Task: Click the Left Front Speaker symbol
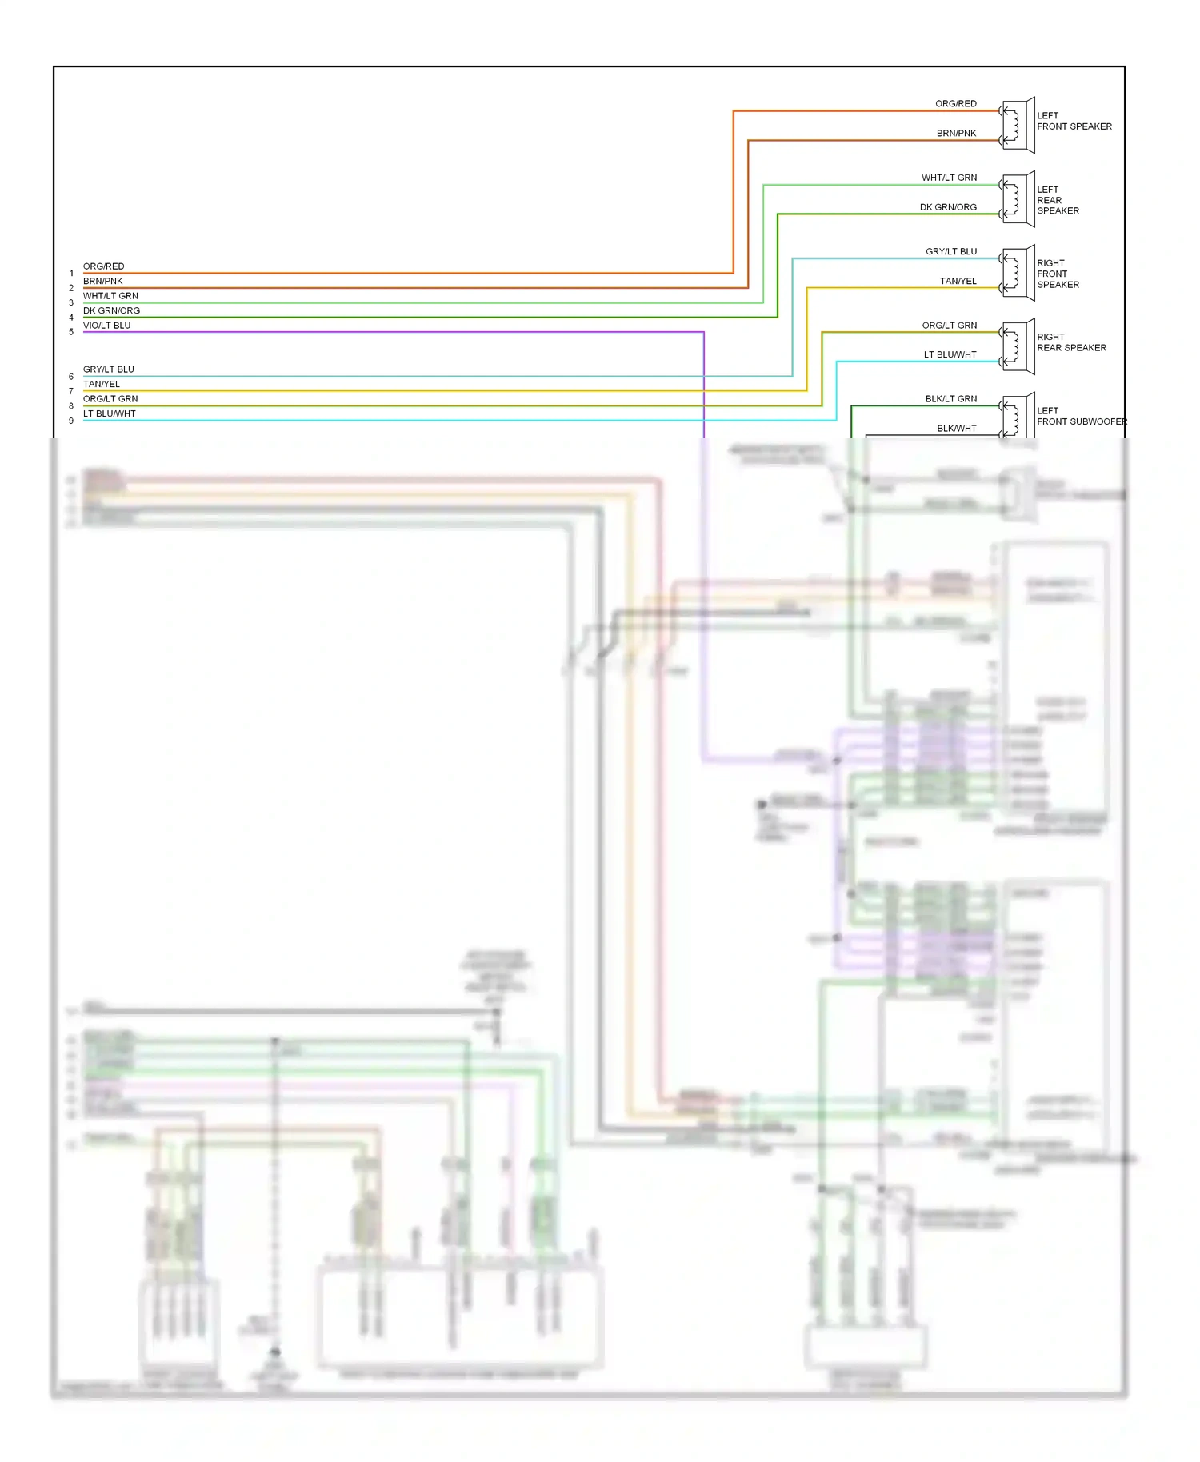coord(1018,126)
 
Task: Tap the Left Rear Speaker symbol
coord(1018,199)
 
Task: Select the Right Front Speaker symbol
coord(1018,274)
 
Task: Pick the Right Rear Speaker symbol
coord(1018,347)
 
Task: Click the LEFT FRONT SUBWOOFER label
coord(1081,416)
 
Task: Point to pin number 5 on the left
coord(71,332)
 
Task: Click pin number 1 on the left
coord(71,274)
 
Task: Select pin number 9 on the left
coord(71,421)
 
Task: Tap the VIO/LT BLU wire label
coord(106,326)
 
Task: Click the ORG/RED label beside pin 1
coord(104,266)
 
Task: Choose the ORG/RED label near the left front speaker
coord(955,104)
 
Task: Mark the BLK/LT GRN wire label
coord(950,399)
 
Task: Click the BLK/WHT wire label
coord(956,429)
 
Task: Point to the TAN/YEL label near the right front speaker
coord(958,282)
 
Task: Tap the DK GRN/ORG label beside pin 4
coord(111,311)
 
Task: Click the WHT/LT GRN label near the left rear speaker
coord(949,178)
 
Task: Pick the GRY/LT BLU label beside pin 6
coord(109,369)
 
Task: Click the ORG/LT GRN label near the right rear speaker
coord(949,326)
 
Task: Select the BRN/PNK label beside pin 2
coord(103,282)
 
